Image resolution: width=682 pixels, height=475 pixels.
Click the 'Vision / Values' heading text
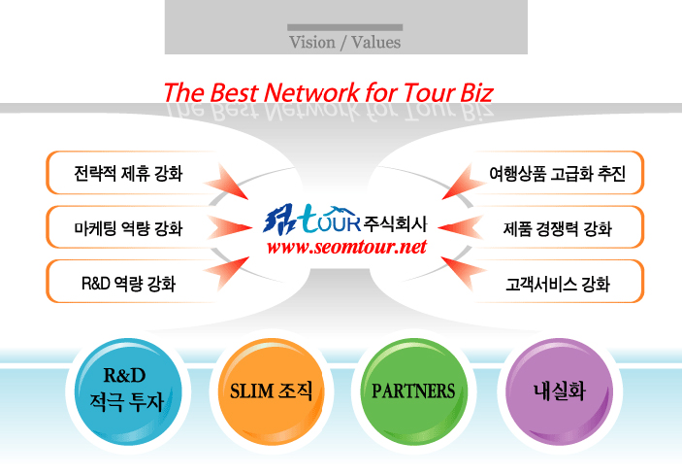(345, 42)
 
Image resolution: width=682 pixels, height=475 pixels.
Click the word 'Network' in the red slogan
(311, 92)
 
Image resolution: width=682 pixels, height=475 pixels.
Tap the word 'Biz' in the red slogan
(476, 92)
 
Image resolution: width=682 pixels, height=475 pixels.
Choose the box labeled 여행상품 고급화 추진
(558, 173)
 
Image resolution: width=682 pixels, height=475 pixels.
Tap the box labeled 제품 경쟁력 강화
(558, 227)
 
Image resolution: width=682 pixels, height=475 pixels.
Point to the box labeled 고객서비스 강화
(558, 282)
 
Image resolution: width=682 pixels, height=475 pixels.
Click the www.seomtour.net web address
(346, 247)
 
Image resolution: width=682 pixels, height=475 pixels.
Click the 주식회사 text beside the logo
(395, 223)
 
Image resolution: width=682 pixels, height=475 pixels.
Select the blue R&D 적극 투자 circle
(128, 391)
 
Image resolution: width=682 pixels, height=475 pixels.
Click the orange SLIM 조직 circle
(272, 391)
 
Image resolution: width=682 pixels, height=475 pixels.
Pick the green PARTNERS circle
(413, 391)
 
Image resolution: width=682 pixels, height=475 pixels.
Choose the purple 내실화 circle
(560, 391)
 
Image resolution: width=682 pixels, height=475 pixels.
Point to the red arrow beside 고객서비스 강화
(464, 273)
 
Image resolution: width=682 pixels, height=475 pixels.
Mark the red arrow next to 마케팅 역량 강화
(230, 227)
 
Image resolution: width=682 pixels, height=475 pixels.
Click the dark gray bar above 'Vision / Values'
(345, 27)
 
